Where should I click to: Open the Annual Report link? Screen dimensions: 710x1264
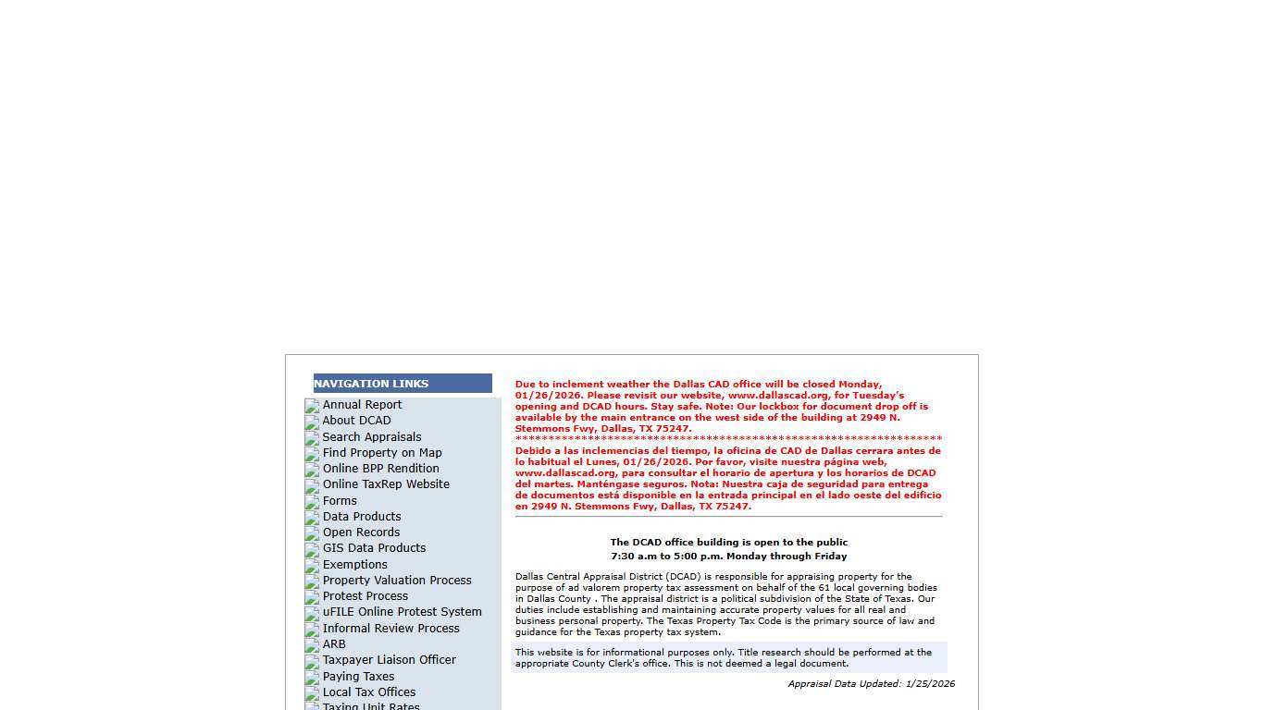pyautogui.click(x=362, y=405)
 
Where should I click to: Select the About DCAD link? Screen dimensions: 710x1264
pyautogui.click(x=356, y=421)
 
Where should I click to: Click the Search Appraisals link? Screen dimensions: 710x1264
pyautogui.click(x=372, y=437)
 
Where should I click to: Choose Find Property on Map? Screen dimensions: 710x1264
pyautogui.click(x=382, y=453)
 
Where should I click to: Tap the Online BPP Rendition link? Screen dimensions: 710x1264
pyautogui.click(x=380, y=469)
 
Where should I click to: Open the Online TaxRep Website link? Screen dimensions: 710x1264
pyautogui.click(x=386, y=484)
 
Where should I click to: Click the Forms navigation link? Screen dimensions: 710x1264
pyautogui.click(x=340, y=501)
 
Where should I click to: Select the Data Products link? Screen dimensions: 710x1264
pyautogui.click(x=362, y=517)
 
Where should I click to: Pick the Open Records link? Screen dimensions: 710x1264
pyautogui.click(x=361, y=532)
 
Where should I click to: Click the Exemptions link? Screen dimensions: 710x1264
pyautogui.click(x=354, y=565)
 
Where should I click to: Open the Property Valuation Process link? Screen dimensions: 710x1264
pyautogui.click(x=397, y=581)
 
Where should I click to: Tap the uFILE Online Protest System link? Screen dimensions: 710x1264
pyautogui.click(x=402, y=612)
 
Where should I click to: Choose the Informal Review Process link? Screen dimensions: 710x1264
pyautogui.click(x=390, y=629)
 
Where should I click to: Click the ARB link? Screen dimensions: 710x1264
pyautogui.click(x=334, y=644)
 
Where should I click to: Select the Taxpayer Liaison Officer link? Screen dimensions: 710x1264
pyautogui.click(x=389, y=660)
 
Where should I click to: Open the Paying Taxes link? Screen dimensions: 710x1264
pyautogui.click(x=358, y=677)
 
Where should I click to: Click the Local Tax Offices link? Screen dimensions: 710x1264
pyautogui.click(x=368, y=692)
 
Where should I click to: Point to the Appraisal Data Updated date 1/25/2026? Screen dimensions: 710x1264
pyautogui.click(x=930, y=684)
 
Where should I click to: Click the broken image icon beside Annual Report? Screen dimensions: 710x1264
pyautogui.click(x=312, y=406)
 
